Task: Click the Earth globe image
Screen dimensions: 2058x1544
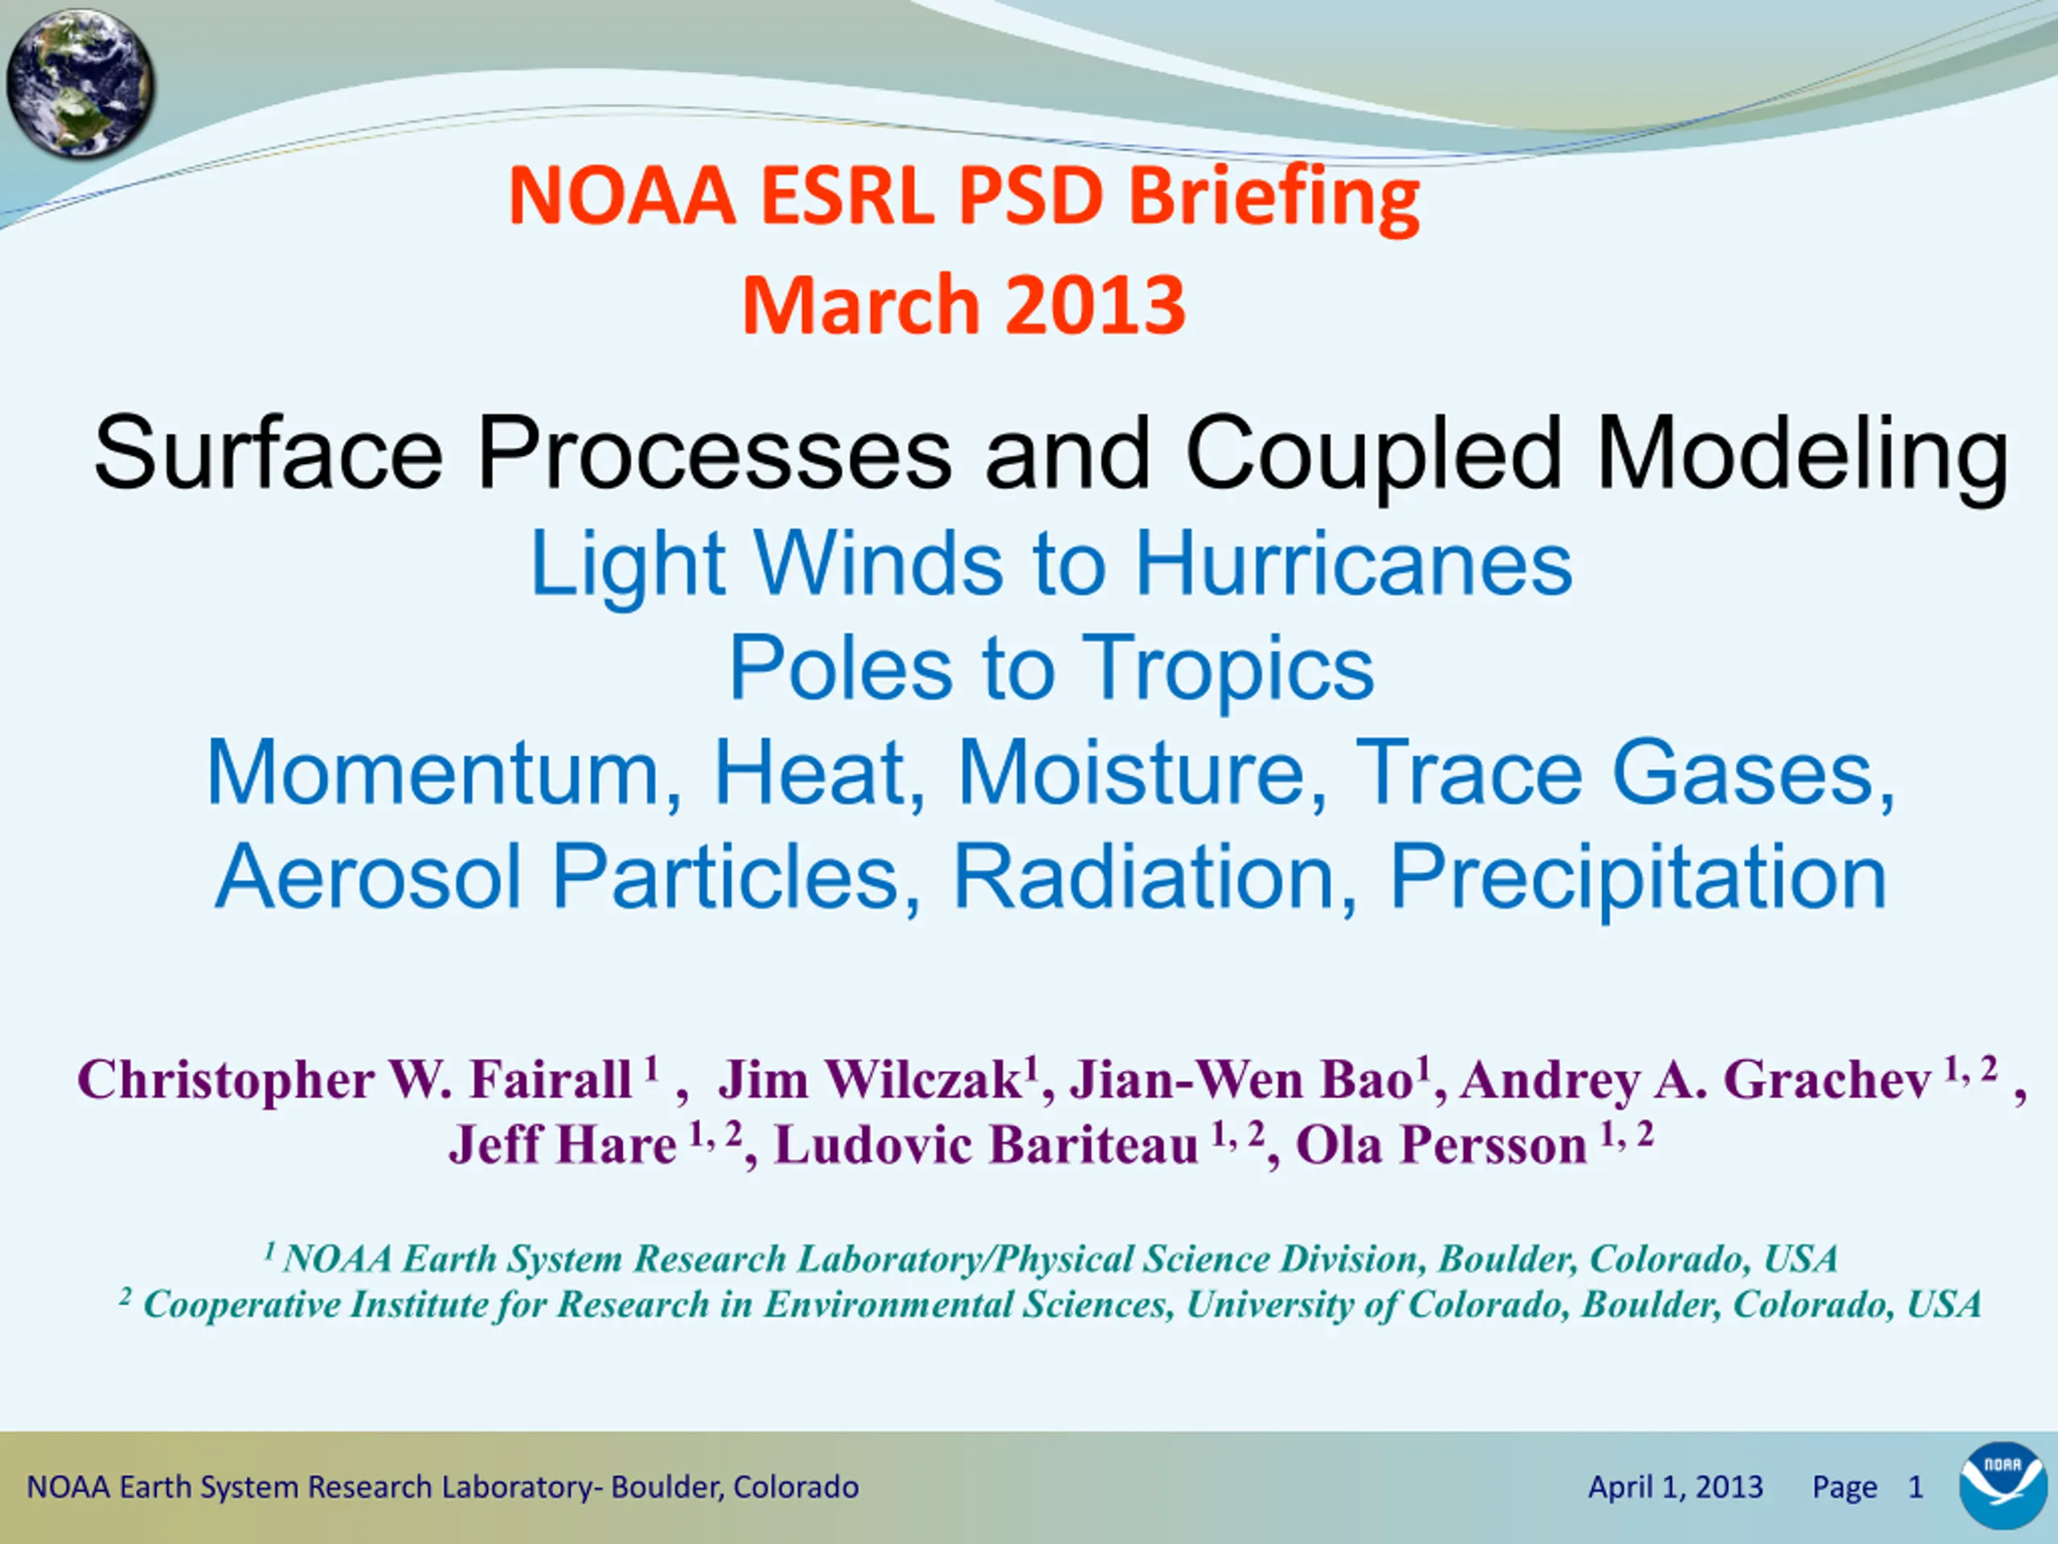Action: (80, 84)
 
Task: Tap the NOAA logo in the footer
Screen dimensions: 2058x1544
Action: (2003, 1485)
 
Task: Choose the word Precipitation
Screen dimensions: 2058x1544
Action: (1638, 877)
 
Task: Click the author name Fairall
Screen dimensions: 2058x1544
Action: (551, 1079)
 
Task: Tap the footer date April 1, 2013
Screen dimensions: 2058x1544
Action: (1675, 1487)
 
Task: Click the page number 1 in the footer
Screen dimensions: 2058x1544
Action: (1916, 1487)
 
